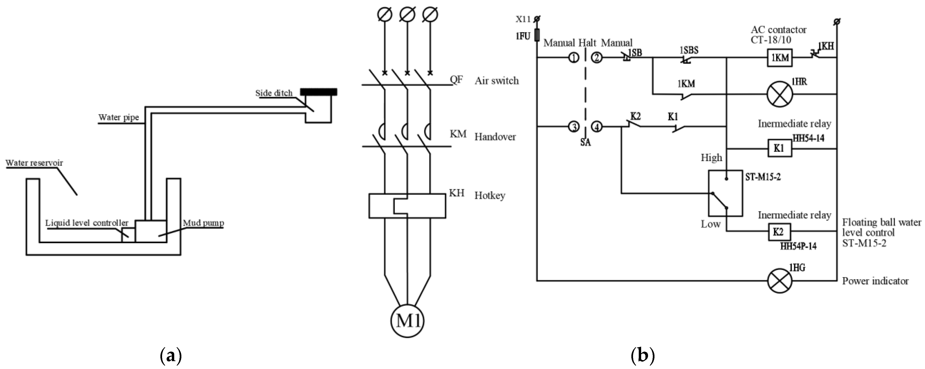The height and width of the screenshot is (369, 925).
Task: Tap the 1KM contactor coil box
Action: tap(780, 57)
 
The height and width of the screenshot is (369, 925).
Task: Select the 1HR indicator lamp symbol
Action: tap(780, 94)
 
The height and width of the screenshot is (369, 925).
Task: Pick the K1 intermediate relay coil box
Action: tap(780, 148)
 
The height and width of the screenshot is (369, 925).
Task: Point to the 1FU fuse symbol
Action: tap(537, 35)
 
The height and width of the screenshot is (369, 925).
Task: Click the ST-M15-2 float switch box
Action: tap(725, 193)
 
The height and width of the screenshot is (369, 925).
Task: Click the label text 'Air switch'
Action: tap(497, 81)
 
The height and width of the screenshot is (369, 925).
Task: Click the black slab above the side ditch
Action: tap(318, 92)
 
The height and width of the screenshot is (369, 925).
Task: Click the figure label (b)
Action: tap(643, 356)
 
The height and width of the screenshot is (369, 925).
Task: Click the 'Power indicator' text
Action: tap(875, 281)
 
